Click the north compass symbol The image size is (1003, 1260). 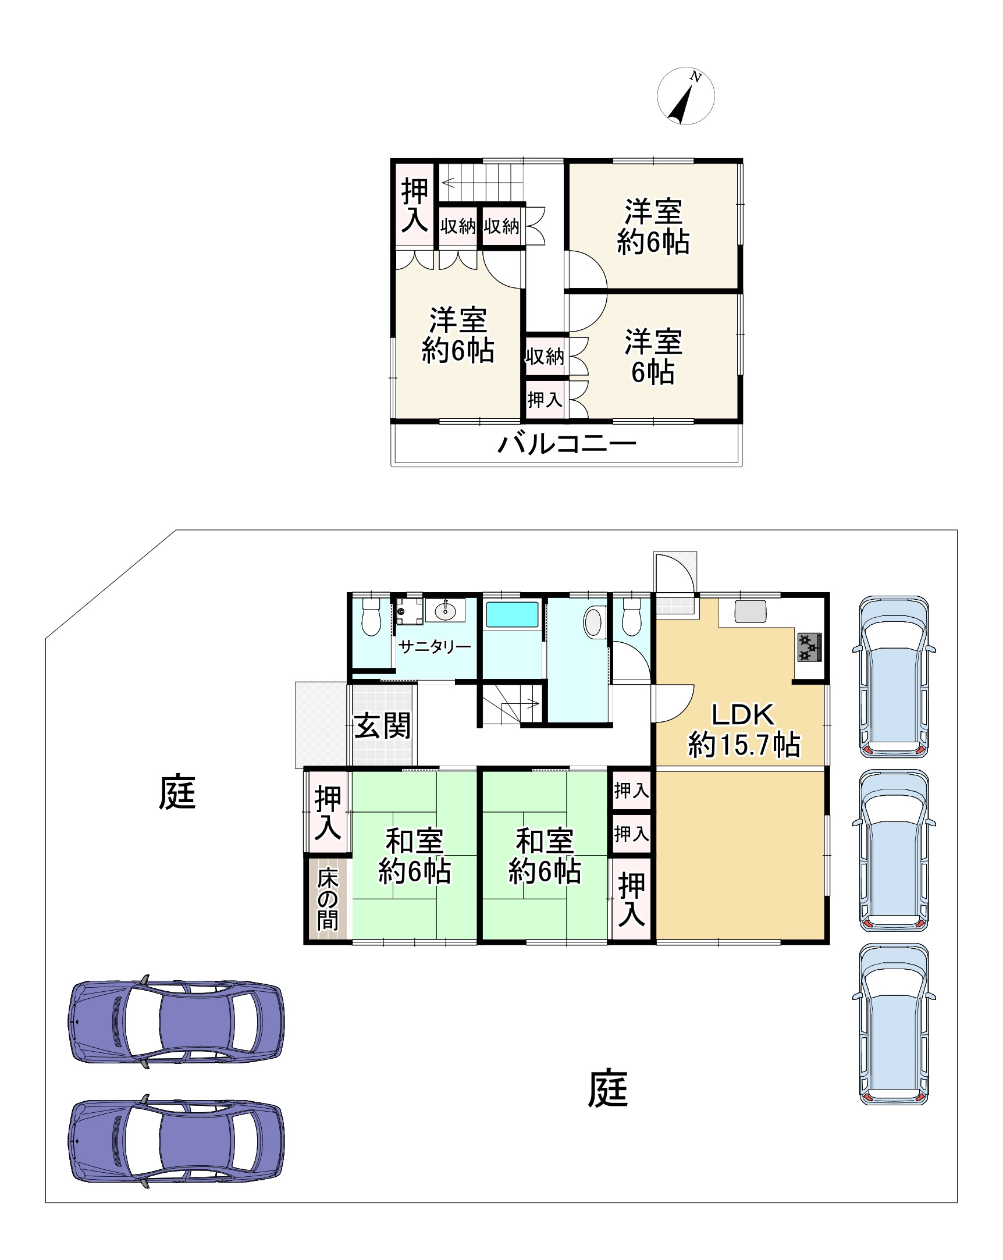685,96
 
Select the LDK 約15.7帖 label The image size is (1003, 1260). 743,730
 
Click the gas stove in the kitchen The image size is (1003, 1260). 809,647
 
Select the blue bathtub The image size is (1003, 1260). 512,615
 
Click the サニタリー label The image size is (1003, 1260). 434,646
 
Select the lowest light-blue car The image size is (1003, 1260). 894,1023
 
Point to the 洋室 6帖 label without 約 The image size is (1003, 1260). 653,357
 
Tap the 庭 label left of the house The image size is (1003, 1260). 177,793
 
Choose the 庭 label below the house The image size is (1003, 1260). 607,1088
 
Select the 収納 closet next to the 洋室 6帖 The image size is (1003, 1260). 544,356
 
